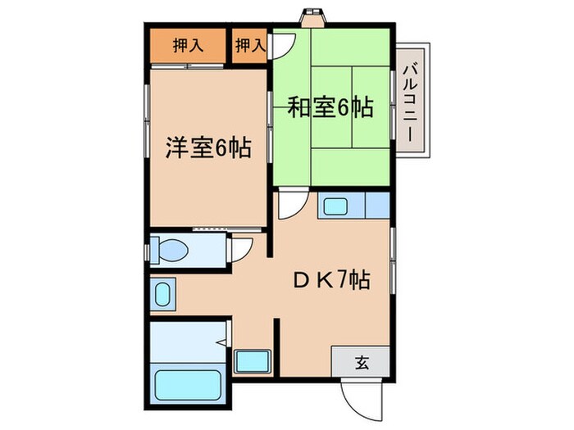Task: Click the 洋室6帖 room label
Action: point(208,149)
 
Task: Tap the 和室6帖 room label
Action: point(330,107)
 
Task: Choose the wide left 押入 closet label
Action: point(188,47)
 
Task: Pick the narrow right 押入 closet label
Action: point(251,47)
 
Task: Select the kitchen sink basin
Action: point(335,206)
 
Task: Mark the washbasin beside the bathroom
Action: point(162,292)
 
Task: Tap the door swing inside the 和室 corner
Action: point(280,44)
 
